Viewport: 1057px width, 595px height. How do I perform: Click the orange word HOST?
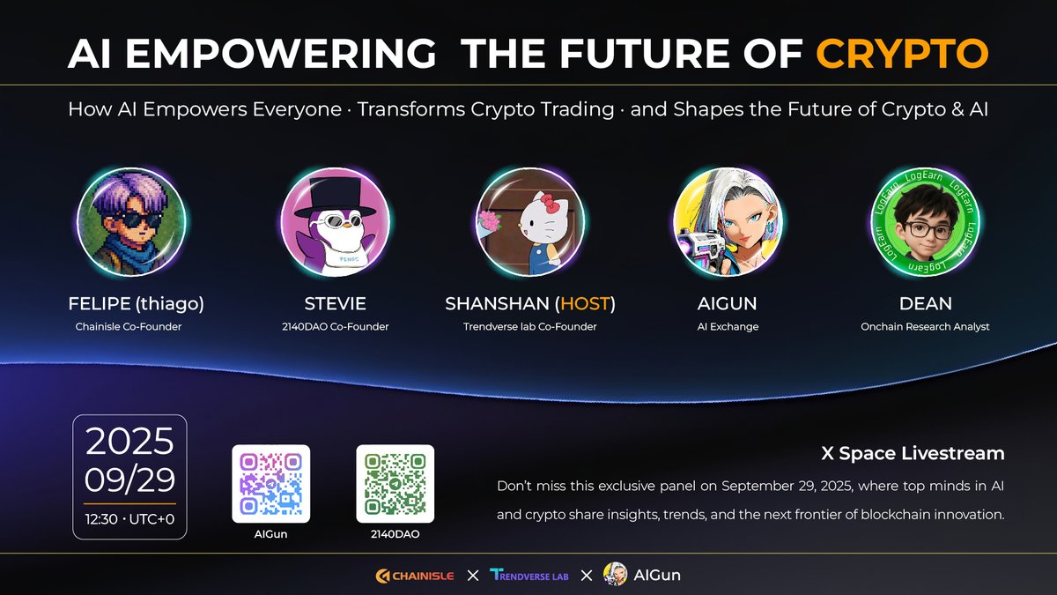584,304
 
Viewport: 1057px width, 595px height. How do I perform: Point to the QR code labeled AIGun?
271,483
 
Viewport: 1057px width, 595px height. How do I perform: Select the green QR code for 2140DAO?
395,483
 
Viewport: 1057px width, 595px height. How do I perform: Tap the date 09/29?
129,480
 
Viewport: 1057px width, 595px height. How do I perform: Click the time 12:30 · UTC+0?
129,518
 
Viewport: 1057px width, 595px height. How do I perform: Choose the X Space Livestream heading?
913,454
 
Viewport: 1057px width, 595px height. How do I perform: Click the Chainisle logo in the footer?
414,576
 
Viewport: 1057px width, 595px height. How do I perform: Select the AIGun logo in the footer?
642,576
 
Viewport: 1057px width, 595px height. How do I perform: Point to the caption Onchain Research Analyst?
925,327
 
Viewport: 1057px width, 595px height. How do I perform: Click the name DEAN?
925,304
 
